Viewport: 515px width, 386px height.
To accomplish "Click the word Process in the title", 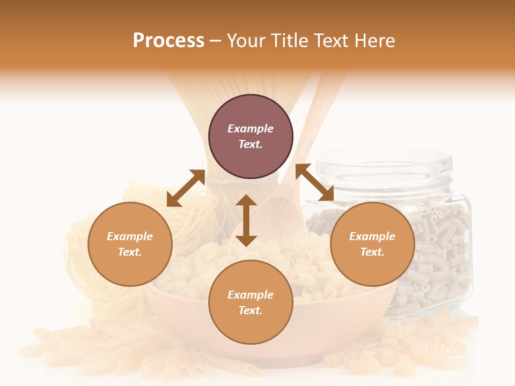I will (168, 41).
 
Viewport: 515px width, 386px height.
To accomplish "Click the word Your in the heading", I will (246, 41).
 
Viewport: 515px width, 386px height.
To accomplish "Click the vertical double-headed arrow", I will (246, 220).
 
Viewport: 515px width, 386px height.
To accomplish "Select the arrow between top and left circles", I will (186, 188).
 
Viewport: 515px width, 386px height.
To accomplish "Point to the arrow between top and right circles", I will (314, 183).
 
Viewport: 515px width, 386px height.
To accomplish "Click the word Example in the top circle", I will (251, 129).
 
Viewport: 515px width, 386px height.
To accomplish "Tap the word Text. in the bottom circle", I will (251, 310).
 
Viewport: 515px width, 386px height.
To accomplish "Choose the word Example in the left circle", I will (130, 236).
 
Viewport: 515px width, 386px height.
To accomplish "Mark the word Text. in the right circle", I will (372, 252).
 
